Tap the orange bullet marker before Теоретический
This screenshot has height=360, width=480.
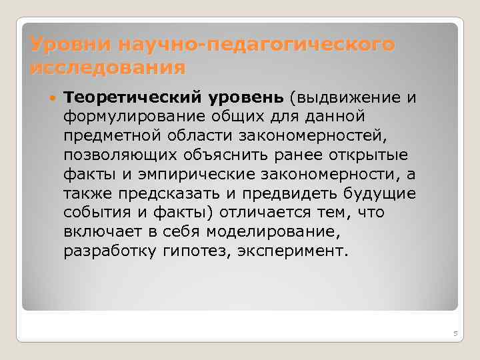[x=53, y=98]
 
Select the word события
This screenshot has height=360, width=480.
[x=94, y=213]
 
